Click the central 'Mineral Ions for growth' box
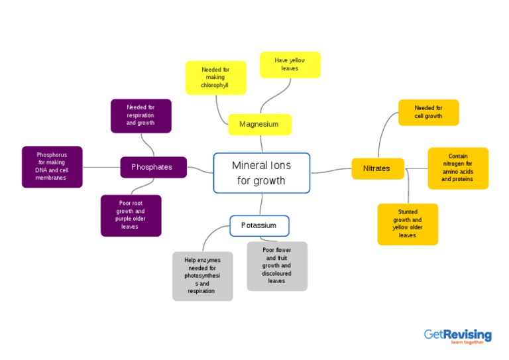tap(261, 173)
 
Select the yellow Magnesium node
tap(259, 124)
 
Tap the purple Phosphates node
tap(153, 167)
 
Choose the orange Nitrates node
tap(376, 168)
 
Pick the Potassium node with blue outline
tap(259, 225)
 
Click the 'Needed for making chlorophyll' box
tap(215, 78)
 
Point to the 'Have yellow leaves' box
tap(290, 64)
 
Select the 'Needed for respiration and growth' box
tap(141, 115)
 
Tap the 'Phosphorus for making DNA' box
tap(52, 166)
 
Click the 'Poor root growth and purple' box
tap(131, 215)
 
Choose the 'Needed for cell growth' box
tap(428, 112)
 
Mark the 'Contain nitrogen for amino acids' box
tap(457, 168)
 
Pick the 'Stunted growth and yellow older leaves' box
tap(408, 224)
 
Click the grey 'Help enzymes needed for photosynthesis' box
tap(202, 276)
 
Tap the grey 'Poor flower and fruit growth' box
tap(276, 266)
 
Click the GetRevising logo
tap(457, 335)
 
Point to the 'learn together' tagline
tap(467, 343)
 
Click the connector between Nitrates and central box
tap(330, 171)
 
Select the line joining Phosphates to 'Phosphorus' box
tap(101, 167)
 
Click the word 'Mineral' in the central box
tap(248, 165)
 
